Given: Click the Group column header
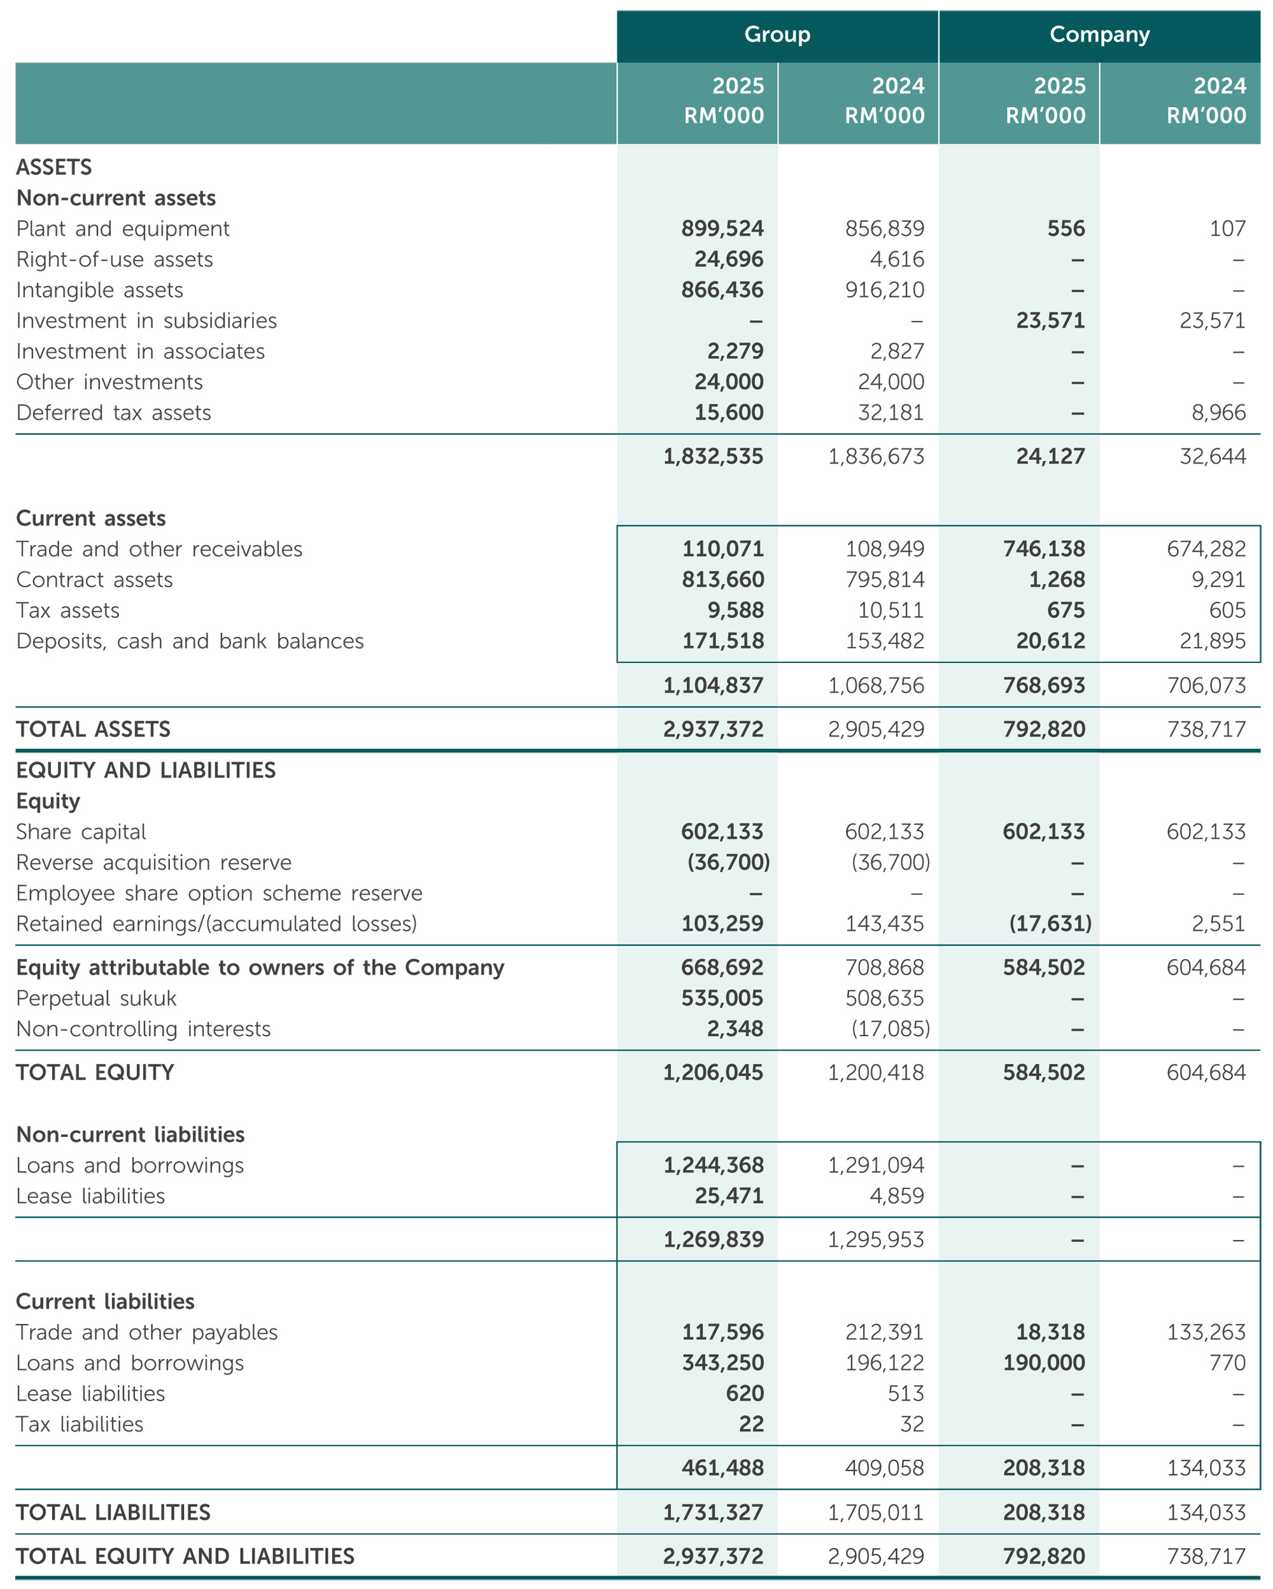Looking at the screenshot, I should (x=777, y=34).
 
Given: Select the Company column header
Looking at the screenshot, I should (x=1099, y=34).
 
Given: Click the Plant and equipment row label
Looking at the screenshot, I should (x=123, y=229).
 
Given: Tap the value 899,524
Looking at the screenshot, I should (x=722, y=229).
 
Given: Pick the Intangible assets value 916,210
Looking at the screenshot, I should (x=884, y=290).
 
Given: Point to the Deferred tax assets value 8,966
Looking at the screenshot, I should (x=1218, y=413).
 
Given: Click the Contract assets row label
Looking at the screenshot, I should (x=94, y=580).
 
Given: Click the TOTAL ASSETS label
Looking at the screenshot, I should (x=94, y=730).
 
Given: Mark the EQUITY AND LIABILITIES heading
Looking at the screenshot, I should (x=146, y=770).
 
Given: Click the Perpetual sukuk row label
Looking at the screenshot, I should (x=97, y=999).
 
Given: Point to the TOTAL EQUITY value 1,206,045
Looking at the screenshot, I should (x=713, y=1072).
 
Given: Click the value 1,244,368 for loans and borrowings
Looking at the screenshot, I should (x=713, y=1165).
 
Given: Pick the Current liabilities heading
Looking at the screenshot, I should (x=106, y=1302).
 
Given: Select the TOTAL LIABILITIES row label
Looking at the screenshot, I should (x=113, y=1513).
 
